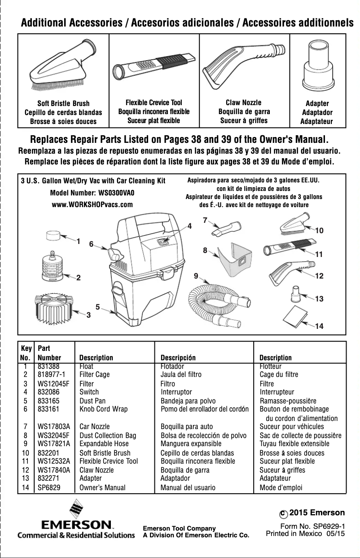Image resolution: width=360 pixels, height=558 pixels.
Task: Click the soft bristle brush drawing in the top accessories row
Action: (63, 65)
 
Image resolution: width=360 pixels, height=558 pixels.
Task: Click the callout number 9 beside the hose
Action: (196, 275)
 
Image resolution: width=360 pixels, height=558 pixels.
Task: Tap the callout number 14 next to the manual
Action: (319, 326)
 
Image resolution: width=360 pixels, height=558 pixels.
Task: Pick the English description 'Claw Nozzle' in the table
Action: (97, 470)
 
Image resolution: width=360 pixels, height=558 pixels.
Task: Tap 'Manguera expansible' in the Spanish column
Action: (188, 444)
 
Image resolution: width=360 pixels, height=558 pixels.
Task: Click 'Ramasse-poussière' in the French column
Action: (288, 401)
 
